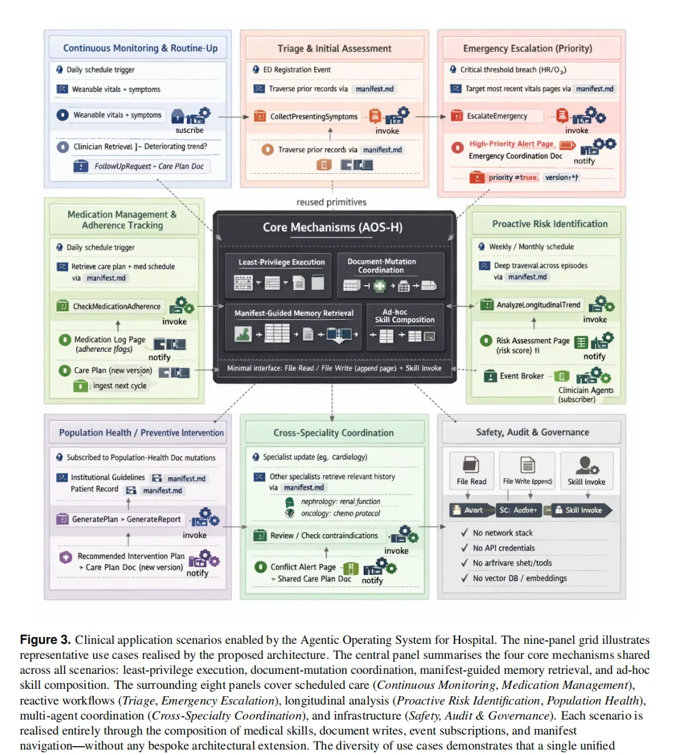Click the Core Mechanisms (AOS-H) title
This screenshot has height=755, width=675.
point(332,227)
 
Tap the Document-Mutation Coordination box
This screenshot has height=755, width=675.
point(390,275)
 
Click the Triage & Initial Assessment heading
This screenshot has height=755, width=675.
point(334,48)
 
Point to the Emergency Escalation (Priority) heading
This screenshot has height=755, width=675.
point(528,48)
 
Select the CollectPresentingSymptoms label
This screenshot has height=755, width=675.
point(314,117)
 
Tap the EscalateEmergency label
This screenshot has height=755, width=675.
point(497,117)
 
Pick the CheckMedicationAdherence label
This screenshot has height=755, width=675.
point(117,306)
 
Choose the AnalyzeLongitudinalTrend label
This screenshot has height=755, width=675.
point(539,304)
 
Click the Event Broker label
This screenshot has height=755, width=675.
point(522,376)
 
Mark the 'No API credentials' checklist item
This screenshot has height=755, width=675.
point(504,548)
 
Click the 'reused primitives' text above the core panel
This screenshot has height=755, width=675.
point(332,202)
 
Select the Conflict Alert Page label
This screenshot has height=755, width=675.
point(303,567)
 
